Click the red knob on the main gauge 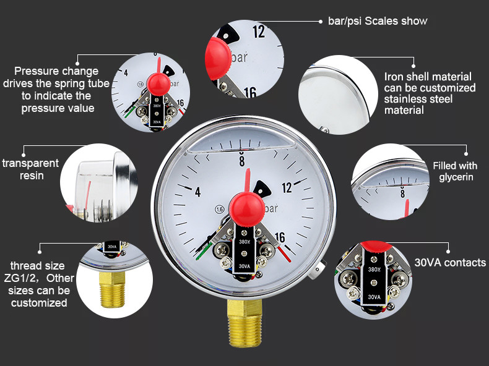(x=247, y=209)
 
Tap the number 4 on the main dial (x=197, y=192)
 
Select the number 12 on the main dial (x=287, y=187)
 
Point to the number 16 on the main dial (x=280, y=237)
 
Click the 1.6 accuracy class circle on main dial (x=220, y=210)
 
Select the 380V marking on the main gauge (x=244, y=242)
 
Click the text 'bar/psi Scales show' (x=378, y=21)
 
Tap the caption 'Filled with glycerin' (x=456, y=171)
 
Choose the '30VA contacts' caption (x=450, y=263)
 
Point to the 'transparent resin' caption (x=30, y=169)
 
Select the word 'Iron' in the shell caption (x=394, y=77)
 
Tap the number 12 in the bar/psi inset (x=259, y=32)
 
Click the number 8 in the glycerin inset (x=402, y=193)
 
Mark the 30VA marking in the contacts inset (x=374, y=297)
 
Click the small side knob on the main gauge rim (x=318, y=270)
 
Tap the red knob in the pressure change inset (x=158, y=84)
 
